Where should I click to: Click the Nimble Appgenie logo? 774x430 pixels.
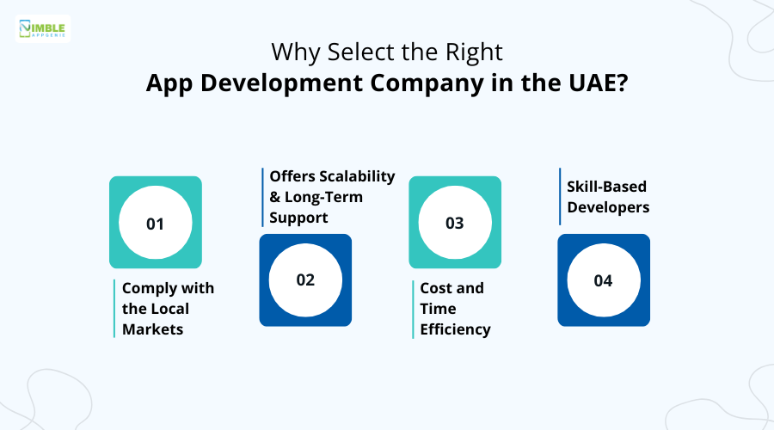44,28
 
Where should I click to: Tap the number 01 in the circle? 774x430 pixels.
155,224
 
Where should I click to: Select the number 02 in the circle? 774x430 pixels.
305,280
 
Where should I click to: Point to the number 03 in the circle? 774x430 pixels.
454,224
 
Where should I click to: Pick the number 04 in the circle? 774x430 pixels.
603,280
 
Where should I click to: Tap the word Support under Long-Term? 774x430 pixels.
298,218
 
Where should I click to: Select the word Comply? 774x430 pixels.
151,288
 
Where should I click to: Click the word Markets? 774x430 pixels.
152,329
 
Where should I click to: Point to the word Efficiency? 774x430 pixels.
455,329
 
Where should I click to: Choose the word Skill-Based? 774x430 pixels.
606,187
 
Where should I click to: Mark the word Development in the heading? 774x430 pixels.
281,85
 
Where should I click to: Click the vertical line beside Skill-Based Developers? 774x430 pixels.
560,196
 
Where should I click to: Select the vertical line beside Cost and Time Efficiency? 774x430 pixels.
413,309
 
